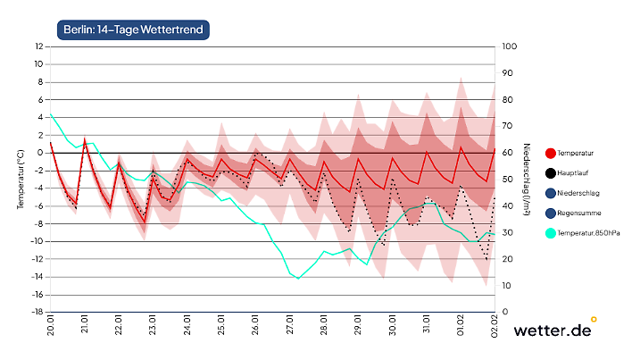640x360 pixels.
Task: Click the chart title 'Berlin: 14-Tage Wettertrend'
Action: (x=132, y=30)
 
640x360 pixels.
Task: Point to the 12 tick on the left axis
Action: (x=38, y=46)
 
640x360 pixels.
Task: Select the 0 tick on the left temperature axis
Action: (x=40, y=153)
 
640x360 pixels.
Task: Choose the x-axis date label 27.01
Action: (x=291, y=326)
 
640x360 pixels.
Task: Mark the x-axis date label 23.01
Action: (x=154, y=326)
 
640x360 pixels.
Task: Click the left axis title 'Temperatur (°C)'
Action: (x=20, y=179)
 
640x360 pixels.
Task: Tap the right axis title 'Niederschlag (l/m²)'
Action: (x=528, y=179)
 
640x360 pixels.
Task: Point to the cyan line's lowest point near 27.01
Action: (x=298, y=279)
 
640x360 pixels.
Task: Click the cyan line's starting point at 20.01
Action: (x=51, y=114)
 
